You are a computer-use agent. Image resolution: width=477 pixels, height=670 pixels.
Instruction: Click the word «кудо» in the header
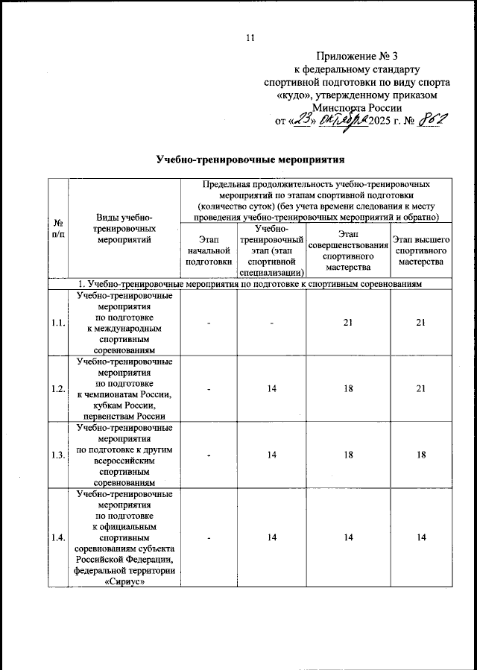(294, 95)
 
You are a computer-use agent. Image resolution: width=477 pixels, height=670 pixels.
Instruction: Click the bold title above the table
(250, 159)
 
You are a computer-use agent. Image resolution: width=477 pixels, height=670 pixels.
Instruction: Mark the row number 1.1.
(57, 322)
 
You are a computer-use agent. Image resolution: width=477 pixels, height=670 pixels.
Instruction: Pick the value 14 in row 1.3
(273, 455)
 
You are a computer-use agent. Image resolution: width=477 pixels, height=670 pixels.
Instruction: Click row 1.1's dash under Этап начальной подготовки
(209, 322)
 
